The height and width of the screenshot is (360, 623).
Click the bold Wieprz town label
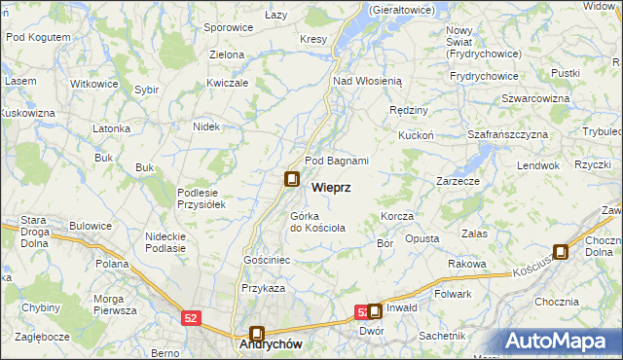[331, 186]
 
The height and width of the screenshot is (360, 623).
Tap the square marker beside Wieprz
[291, 179]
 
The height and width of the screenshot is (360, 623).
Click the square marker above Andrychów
[257, 333]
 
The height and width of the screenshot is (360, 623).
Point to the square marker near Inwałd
[375, 311]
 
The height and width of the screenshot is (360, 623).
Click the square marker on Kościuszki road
[561, 251]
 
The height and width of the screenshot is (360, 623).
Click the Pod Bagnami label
[337, 161]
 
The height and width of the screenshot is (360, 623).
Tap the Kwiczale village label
[228, 83]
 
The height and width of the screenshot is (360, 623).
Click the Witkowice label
[94, 84]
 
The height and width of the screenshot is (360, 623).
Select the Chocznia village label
[557, 302]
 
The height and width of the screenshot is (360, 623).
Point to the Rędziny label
[408, 110]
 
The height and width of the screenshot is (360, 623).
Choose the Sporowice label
[229, 28]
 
